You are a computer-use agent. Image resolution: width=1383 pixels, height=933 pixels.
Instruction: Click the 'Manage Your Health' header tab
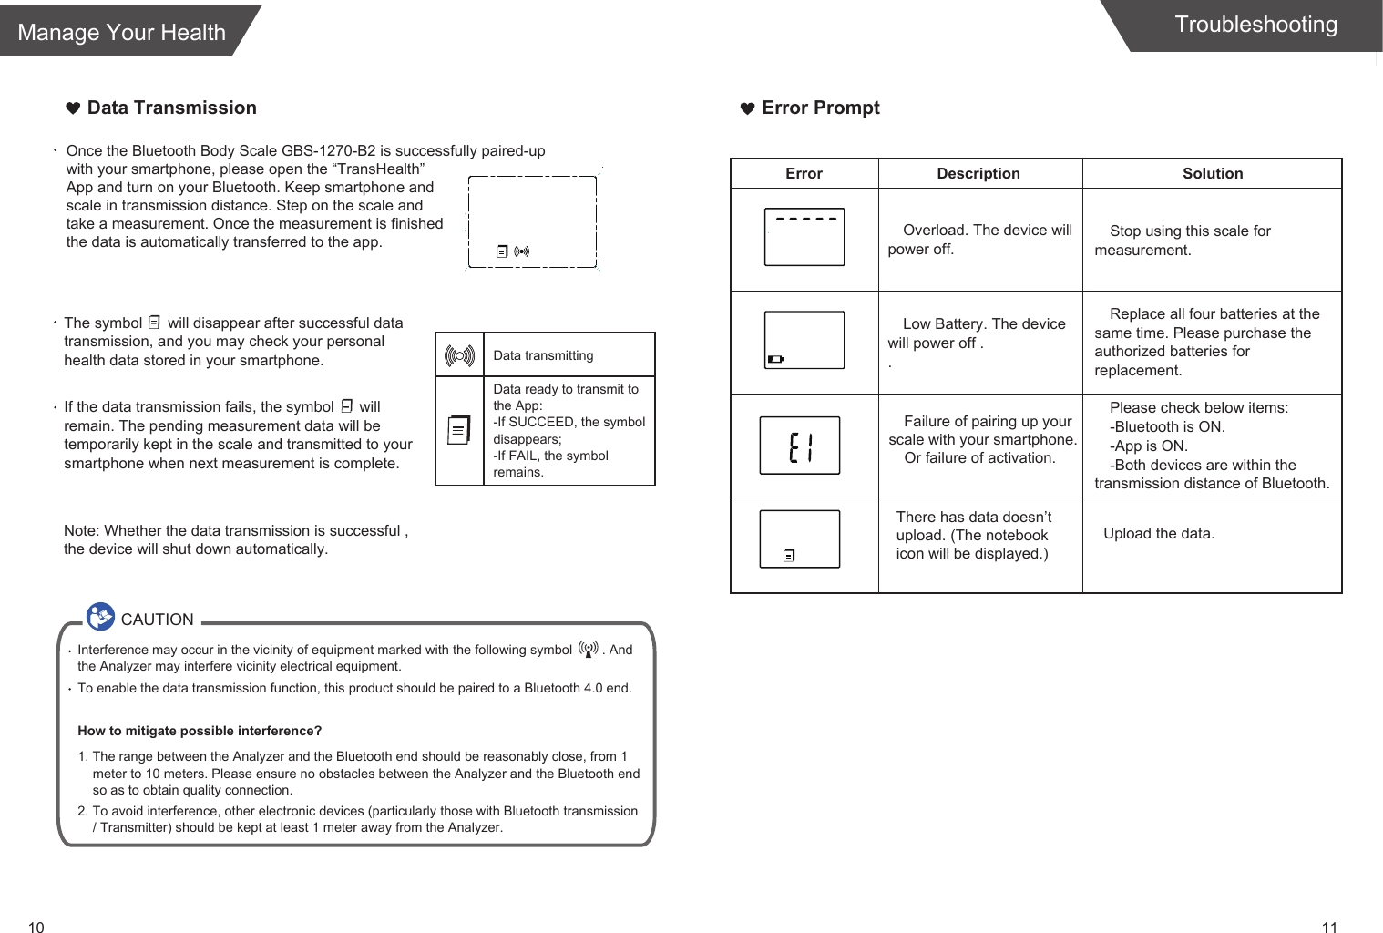pos(122,32)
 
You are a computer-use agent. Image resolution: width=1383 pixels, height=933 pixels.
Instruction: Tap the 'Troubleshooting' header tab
pos(1255,25)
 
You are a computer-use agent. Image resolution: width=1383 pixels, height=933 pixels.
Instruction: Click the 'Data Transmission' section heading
pos(171,108)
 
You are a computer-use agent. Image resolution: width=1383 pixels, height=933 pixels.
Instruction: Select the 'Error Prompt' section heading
pos(820,108)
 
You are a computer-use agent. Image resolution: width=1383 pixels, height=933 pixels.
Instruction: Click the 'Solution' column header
pos(1212,173)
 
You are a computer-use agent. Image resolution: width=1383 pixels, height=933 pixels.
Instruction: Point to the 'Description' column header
pos(978,173)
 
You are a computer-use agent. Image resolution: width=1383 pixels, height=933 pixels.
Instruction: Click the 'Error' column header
pos(804,173)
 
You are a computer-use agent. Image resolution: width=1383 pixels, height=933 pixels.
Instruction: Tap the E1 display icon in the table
pos(800,446)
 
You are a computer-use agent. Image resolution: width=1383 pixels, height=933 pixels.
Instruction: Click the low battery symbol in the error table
pos(775,359)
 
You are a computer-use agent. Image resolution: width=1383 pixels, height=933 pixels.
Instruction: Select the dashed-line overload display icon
pos(804,237)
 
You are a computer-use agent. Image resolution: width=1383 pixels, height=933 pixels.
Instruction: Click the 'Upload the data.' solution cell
pos(1158,534)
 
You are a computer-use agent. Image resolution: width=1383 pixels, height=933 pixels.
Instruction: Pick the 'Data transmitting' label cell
pos(543,355)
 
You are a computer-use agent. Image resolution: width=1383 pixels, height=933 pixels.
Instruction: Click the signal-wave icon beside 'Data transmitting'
pos(459,355)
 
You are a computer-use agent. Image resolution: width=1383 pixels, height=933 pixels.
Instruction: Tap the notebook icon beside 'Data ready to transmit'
pos(459,429)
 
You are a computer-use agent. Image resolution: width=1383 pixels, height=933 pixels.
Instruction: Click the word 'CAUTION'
pos(157,620)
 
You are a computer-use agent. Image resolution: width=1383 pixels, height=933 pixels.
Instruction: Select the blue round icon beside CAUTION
pos(100,617)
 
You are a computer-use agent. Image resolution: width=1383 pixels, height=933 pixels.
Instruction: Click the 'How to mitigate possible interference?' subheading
pos(200,731)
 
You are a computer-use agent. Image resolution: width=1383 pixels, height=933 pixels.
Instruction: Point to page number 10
pos(36,928)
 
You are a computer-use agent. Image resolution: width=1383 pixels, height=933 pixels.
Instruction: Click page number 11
pos(1329,928)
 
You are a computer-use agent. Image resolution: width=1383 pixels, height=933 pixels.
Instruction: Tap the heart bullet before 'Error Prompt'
pos(747,108)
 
